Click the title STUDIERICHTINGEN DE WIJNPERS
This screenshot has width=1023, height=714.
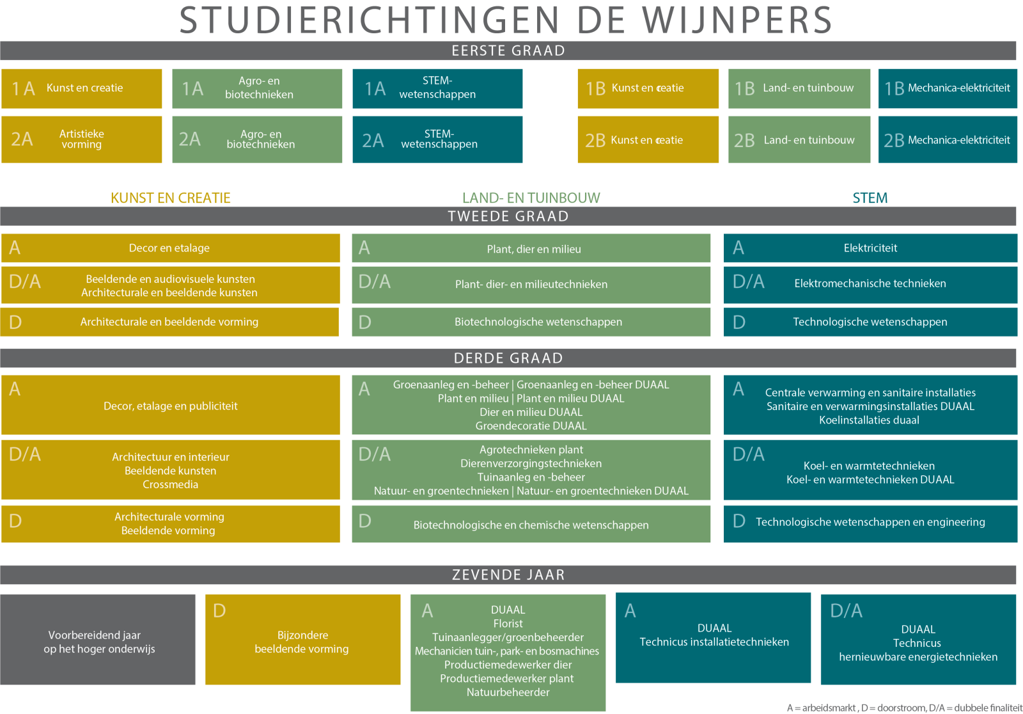506,20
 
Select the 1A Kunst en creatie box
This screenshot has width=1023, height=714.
81,88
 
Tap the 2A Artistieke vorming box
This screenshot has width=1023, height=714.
81,139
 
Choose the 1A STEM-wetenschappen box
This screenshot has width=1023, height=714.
437,88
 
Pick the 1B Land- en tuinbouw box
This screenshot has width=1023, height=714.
799,88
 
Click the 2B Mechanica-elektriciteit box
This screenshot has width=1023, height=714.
947,139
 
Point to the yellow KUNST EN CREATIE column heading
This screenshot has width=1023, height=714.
170,198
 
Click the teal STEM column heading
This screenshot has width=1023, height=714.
870,198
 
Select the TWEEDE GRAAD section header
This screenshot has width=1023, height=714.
508,216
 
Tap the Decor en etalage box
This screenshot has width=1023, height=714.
170,248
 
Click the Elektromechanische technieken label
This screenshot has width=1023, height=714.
870,283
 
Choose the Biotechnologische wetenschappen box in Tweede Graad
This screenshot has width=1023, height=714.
531,322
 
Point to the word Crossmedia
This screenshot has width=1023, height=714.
170,484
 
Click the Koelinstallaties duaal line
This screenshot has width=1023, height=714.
869,420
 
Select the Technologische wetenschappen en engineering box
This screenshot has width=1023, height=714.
870,524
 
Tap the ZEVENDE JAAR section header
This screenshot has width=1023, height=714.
508,575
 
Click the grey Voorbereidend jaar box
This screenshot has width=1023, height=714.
98,639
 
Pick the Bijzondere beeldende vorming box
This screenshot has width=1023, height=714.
303,639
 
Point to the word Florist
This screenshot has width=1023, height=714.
508,624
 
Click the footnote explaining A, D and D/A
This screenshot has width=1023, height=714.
904,708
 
